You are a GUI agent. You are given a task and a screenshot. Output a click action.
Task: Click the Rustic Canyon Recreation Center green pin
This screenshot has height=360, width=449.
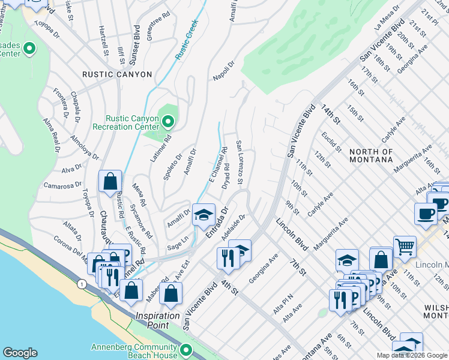[168, 122]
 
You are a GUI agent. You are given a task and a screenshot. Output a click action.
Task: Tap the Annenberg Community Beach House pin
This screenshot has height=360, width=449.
[186, 350]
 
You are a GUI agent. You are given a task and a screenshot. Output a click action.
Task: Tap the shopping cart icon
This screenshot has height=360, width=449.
[405, 246]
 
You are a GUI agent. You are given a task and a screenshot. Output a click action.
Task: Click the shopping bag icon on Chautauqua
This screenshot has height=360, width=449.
[110, 181]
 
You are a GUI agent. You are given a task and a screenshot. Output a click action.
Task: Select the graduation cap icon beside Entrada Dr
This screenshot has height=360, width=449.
[203, 215]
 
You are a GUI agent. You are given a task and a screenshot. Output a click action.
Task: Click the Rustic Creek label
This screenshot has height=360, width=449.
[187, 42]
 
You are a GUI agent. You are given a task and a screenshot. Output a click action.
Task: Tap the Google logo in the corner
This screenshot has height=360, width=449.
[20, 353]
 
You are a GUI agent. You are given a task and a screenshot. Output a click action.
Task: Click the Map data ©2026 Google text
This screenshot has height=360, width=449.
[412, 355]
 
